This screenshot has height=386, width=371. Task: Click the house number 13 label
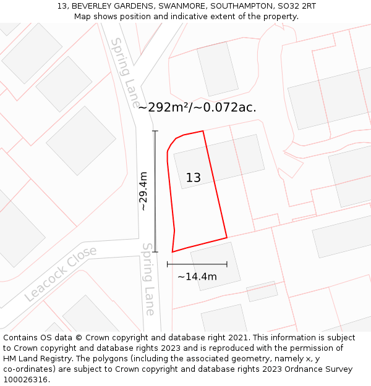[193, 178]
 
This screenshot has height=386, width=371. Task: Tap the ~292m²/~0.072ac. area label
[197, 107]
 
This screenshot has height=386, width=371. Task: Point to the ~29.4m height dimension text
[144, 191]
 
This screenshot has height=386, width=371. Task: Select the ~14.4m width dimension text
[197, 277]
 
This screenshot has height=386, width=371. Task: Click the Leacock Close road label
[61, 274]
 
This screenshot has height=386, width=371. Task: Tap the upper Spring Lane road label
[125, 72]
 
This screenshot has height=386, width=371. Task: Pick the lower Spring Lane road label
[149, 279]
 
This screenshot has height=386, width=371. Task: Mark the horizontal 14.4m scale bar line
[197, 264]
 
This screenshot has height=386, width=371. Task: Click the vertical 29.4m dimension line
[155, 191]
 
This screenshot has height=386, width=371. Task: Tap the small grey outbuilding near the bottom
[262, 292]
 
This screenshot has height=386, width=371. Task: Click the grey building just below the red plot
[215, 266]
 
